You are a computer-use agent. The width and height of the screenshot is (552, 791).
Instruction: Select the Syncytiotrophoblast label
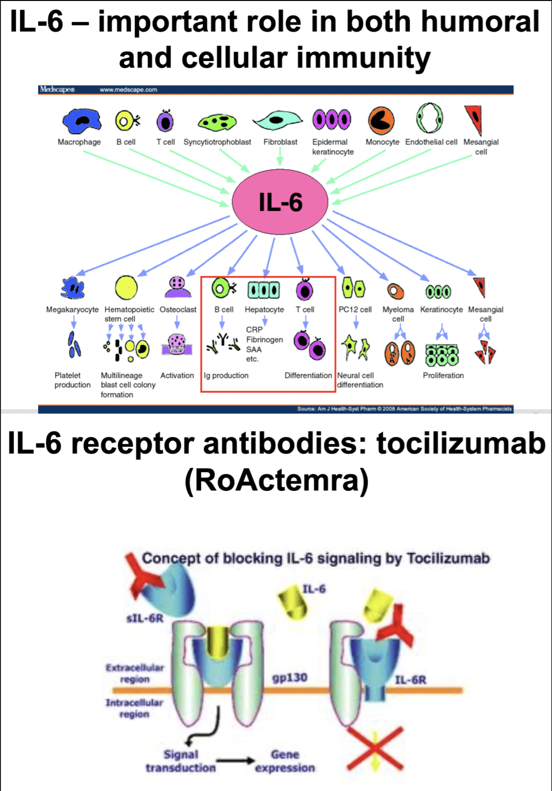tap(217, 142)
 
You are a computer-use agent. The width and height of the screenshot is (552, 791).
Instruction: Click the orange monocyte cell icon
tap(381, 120)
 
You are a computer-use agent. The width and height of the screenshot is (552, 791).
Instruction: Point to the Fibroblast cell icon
tap(278, 120)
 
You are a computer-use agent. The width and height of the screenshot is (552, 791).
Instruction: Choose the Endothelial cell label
tap(431, 142)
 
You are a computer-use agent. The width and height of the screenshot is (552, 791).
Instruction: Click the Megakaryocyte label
tap(72, 310)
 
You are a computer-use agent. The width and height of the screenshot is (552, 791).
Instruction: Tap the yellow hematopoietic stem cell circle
tap(126, 287)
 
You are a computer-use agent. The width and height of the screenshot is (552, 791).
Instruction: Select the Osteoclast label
tap(178, 310)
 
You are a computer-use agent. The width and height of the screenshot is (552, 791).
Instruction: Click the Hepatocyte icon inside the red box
tap(264, 290)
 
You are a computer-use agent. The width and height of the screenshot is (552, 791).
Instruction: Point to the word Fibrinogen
tap(265, 340)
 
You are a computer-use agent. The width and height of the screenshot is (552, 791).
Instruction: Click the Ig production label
tap(226, 375)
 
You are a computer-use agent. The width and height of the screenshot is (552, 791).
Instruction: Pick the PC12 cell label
tap(355, 310)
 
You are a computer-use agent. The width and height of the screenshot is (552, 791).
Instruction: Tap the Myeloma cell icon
tap(395, 291)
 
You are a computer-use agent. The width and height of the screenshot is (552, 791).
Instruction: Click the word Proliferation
tap(443, 375)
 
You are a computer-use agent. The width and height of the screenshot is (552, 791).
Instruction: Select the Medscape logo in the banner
tap(57, 90)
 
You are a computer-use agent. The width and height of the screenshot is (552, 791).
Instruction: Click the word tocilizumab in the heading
tap(461, 443)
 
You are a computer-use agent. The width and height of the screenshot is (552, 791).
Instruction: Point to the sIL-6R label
tap(145, 619)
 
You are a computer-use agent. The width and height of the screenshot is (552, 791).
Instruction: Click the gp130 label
tap(290, 678)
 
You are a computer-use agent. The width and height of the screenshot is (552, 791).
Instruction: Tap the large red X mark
tap(375, 748)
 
